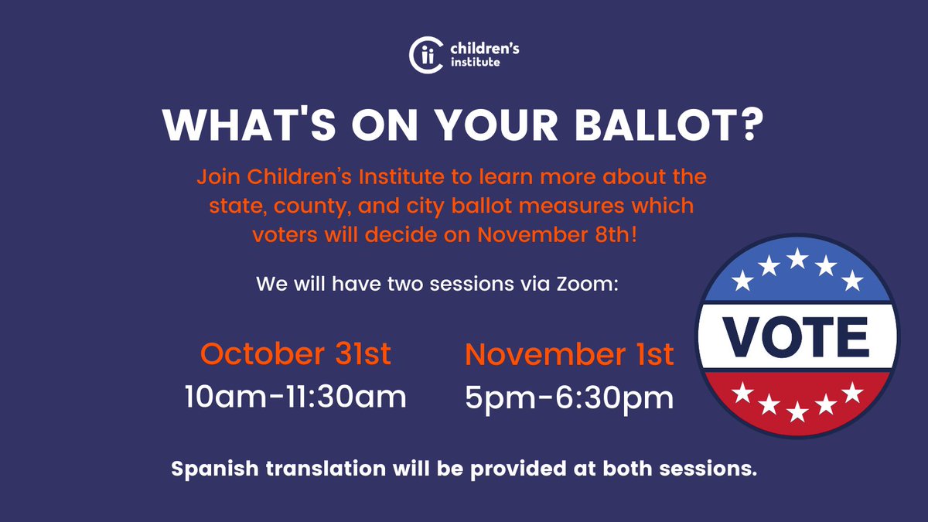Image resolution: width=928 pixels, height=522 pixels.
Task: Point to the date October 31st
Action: [x=295, y=354]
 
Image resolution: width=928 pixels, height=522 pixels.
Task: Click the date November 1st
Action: [x=569, y=355]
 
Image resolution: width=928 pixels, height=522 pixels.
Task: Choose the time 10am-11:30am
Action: [x=295, y=397]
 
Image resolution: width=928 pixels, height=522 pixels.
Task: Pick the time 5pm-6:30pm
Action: [x=569, y=398]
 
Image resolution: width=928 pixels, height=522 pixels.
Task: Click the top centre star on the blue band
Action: [x=797, y=258]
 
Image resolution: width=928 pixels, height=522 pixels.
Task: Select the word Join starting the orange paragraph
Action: [x=218, y=177]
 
